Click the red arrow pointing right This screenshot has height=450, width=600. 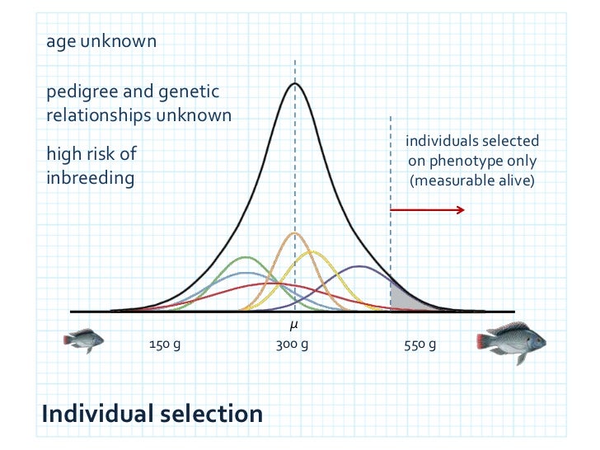coord(427,210)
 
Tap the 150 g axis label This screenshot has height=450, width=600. coord(165,345)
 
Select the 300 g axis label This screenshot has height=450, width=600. coord(293,345)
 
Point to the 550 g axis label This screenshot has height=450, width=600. coord(421,345)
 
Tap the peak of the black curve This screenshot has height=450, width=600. coord(295,83)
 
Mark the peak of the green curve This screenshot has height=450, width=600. coord(246,257)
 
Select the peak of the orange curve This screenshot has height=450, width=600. coord(294,233)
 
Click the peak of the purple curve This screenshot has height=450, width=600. coord(359,266)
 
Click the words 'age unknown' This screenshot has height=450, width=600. coord(101,41)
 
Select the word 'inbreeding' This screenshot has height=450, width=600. coord(90,177)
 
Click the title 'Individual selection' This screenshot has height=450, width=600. coord(152,412)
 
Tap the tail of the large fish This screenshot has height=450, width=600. coord(485,341)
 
